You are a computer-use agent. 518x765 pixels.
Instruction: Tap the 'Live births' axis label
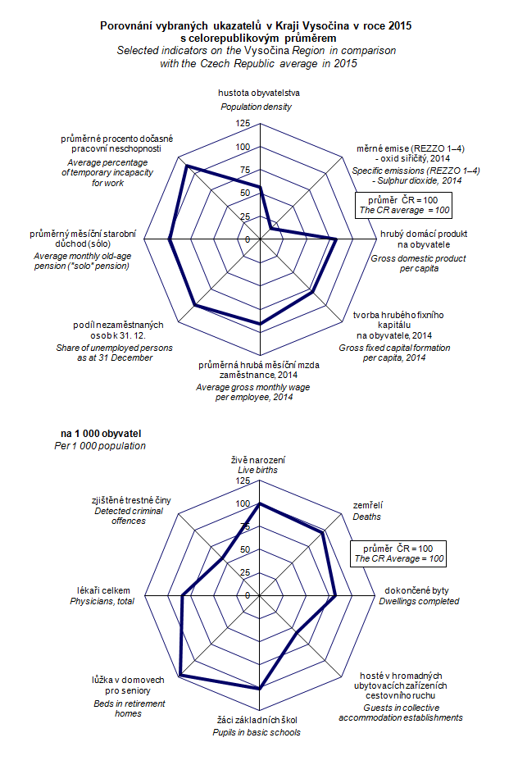(257, 471)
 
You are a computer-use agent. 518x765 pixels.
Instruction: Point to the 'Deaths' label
(366, 517)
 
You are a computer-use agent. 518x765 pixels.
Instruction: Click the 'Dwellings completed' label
(419, 601)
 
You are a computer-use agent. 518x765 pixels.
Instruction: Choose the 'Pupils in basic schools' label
(257, 732)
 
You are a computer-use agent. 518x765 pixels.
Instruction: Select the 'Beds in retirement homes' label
(129, 708)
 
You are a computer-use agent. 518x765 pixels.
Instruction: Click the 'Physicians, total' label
(102, 602)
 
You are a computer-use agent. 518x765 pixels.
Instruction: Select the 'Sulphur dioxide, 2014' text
(417, 180)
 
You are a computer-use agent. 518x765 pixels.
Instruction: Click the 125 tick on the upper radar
(242, 123)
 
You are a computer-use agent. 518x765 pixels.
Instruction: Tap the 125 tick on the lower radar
(242, 480)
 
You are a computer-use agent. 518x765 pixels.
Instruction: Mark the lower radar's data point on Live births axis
(260, 503)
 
